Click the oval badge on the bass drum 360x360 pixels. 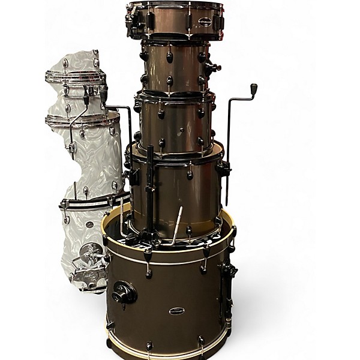click(177, 311)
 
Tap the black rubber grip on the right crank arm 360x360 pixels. click(253, 89)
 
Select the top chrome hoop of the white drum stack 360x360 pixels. click(75, 76)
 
